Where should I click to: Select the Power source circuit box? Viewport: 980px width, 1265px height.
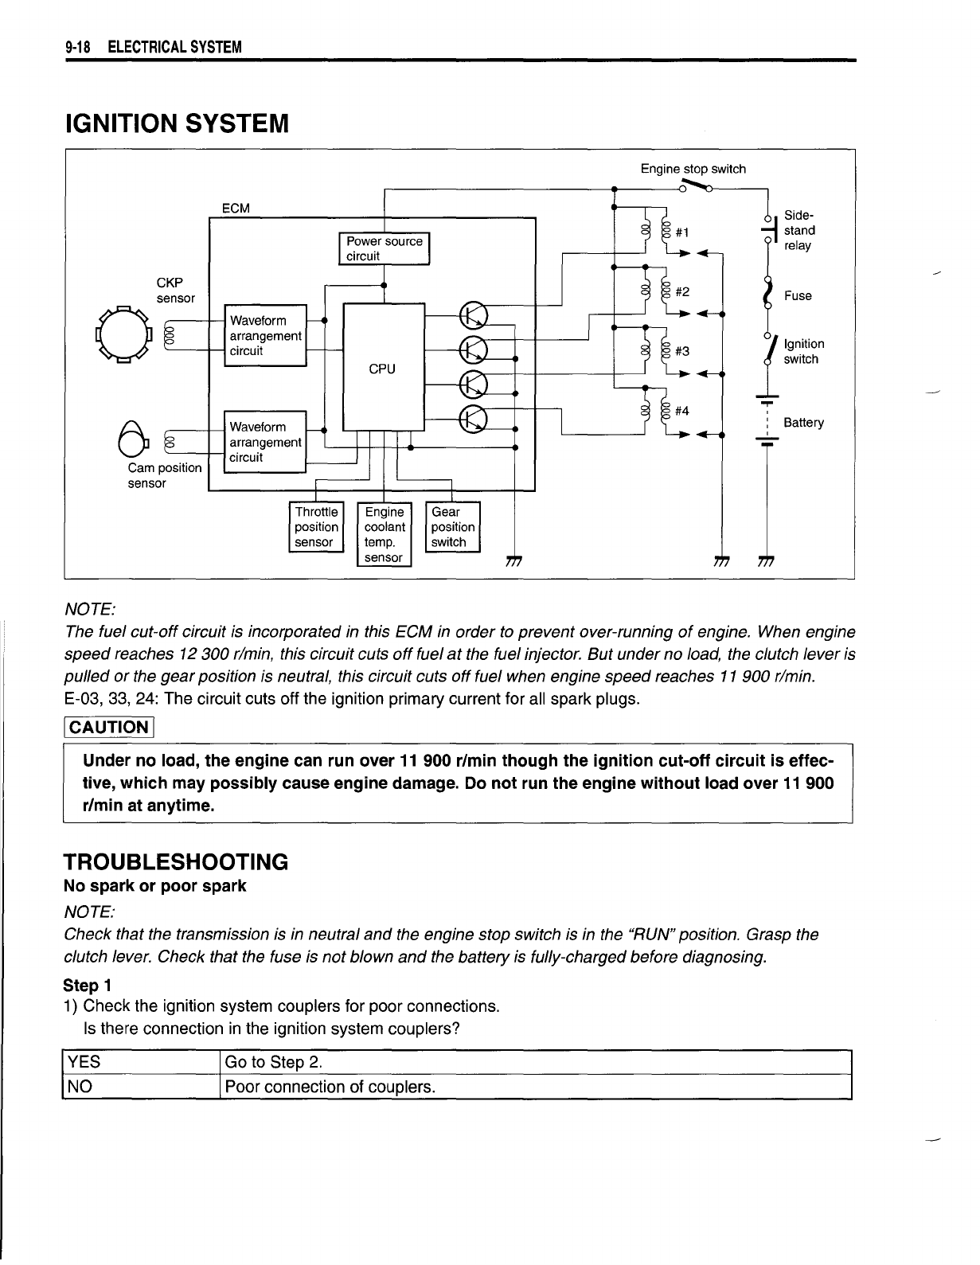385,248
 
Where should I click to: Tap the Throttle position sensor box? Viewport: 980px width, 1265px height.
316,526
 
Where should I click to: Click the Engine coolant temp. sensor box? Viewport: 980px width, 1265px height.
385,533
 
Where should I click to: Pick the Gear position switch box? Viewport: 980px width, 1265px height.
453,526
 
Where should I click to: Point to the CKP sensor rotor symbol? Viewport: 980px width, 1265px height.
123,334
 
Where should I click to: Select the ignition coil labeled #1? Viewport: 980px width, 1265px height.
658,232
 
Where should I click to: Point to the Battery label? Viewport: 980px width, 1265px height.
803,422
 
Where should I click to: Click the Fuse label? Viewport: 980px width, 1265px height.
798,295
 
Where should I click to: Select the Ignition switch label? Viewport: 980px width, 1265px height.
803,351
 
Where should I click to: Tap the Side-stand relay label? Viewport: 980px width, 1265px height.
799,230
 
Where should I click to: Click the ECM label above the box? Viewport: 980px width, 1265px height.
236,209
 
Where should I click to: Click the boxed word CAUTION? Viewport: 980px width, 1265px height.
110,727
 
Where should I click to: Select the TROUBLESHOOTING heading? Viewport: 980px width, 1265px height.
175,862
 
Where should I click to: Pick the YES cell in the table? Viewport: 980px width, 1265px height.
139,1063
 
